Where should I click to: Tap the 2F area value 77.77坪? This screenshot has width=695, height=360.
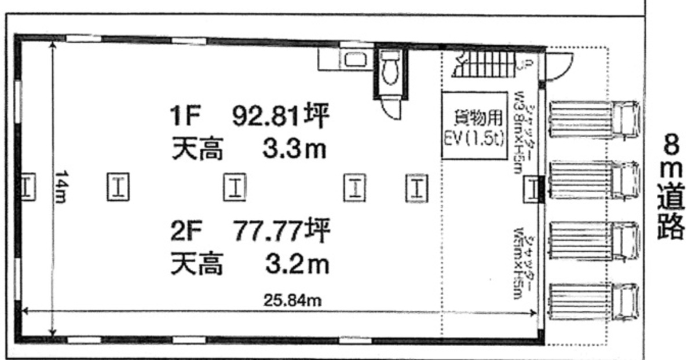click(x=281, y=232)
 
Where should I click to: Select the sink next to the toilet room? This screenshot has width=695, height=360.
click(x=353, y=58)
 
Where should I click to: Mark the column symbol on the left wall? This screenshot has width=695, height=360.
click(x=27, y=188)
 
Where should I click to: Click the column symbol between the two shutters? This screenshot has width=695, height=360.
click(x=532, y=189)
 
